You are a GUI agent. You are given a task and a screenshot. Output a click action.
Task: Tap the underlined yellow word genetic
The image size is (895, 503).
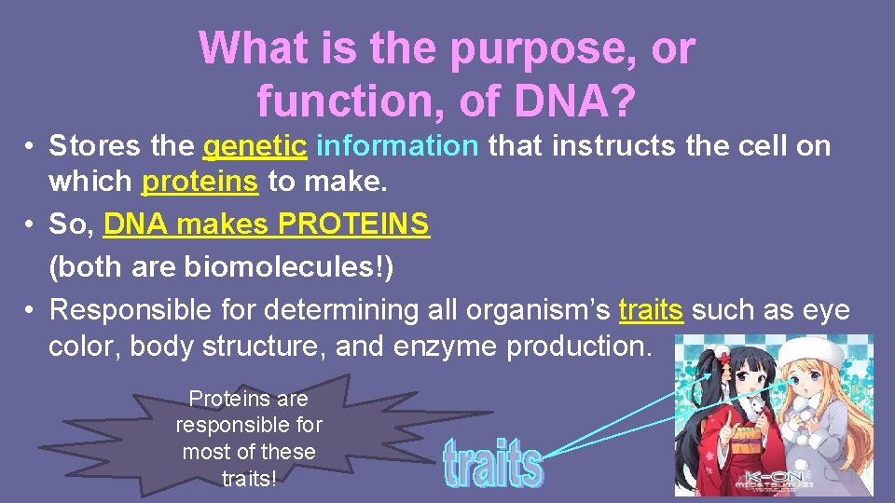[255, 146]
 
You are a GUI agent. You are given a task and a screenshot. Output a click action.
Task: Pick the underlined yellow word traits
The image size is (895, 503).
[651, 309]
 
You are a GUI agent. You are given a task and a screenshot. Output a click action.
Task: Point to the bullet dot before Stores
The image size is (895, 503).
[31, 147]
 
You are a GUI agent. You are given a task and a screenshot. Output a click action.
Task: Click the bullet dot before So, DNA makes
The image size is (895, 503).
[31, 225]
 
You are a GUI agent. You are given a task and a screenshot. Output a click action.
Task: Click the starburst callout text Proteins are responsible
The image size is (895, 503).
[248, 439]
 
